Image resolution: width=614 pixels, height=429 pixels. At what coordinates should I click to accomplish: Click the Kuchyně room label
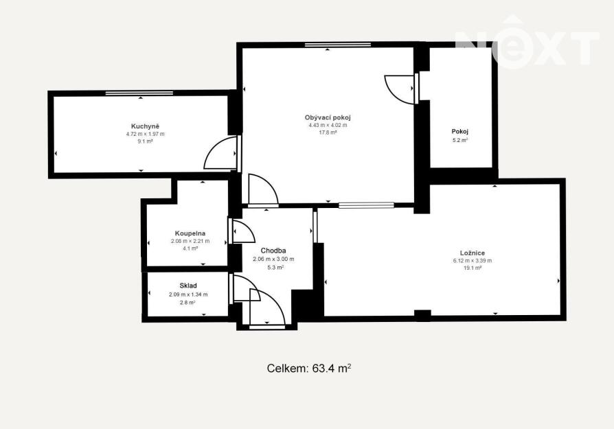(x=146, y=126)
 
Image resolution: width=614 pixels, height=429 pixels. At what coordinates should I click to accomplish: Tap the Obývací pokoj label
(x=328, y=117)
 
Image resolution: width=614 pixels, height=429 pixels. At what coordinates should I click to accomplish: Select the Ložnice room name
(x=473, y=253)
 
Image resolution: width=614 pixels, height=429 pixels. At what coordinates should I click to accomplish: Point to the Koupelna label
(x=190, y=233)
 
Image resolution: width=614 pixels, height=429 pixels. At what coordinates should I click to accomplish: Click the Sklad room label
(x=188, y=286)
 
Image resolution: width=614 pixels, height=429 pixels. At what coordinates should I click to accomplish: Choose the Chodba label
(x=273, y=251)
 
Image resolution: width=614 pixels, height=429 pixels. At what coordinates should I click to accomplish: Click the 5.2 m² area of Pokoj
(x=460, y=140)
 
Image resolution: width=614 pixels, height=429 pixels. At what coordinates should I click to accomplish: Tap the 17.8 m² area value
(x=328, y=132)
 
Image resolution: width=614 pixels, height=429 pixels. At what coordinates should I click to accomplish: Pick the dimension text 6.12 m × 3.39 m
(x=473, y=261)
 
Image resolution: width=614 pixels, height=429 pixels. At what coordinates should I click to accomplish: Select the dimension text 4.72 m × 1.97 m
(x=146, y=134)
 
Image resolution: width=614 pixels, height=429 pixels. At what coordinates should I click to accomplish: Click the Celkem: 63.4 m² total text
(x=309, y=369)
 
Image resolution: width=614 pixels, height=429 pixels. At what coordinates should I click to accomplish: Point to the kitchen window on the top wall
(x=139, y=93)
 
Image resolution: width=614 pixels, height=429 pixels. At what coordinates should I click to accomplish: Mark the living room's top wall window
(x=337, y=45)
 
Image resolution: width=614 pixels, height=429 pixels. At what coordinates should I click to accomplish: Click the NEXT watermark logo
(x=527, y=43)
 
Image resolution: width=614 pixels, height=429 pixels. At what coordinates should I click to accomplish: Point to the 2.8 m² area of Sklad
(x=187, y=303)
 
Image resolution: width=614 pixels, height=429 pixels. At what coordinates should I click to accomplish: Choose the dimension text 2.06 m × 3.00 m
(x=273, y=259)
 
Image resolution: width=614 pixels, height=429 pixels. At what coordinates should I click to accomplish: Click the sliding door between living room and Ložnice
(x=366, y=205)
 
